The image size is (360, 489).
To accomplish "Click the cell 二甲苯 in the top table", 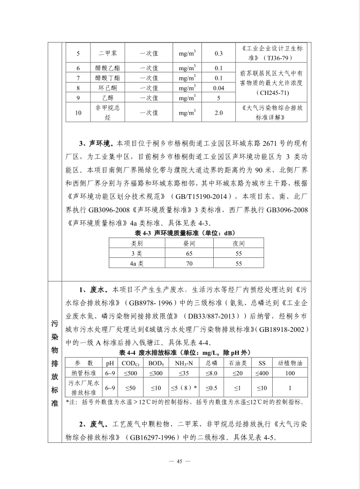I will [x=104, y=54].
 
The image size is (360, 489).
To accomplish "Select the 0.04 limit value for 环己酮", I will [x=218, y=87].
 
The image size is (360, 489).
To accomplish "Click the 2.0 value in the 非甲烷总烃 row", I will [x=218, y=113].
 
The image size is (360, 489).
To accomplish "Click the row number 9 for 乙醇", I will [x=78, y=98].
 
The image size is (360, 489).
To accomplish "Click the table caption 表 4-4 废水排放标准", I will [x=184, y=352].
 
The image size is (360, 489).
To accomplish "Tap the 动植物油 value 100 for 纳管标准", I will [x=290, y=372].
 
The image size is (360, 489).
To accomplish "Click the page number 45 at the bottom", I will [x=180, y=461].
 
